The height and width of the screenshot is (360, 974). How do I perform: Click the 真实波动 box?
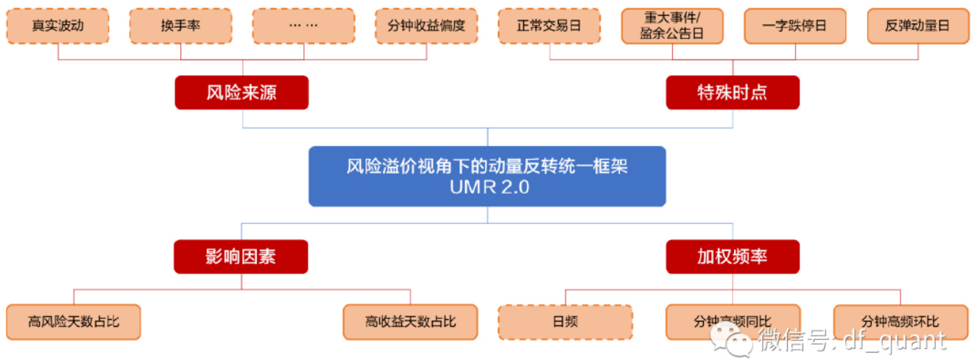pyautogui.click(x=57, y=26)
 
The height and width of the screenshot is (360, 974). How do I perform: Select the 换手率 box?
pyautogui.click(x=180, y=26)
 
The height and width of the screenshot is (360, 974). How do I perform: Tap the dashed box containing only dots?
pyautogui.click(x=303, y=26)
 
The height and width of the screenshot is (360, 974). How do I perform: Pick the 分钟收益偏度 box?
pyautogui.click(x=426, y=26)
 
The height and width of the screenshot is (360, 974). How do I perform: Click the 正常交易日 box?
pyautogui.click(x=549, y=26)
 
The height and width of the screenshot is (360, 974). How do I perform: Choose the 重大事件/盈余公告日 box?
pyautogui.click(x=672, y=26)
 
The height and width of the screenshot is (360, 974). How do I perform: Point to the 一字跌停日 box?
pyautogui.click(x=795, y=26)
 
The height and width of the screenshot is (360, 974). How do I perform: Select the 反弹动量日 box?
pyautogui.click(x=918, y=26)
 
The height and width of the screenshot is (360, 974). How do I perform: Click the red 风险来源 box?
pyautogui.click(x=241, y=93)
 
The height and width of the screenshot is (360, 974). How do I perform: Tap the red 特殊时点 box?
pyautogui.click(x=733, y=93)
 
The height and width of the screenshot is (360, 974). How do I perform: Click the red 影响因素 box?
pyautogui.click(x=241, y=257)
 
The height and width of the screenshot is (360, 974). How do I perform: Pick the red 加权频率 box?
pyautogui.click(x=733, y=257)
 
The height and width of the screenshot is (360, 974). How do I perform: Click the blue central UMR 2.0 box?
pyautogui.click(x=487, y=176)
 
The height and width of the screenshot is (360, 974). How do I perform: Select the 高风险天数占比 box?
pyautogui.click(x=74, y=322)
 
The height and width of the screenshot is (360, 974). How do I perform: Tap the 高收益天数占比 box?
pyautogui.click(x=410, y=322)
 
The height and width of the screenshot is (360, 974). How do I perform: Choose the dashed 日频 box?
pyautogui.click(x=565, y=322)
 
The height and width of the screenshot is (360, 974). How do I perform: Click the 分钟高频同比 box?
pyautogui.click(x=733, y=322)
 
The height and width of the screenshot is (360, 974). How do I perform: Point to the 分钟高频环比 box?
pyautogui.click(x=900, y=322)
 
